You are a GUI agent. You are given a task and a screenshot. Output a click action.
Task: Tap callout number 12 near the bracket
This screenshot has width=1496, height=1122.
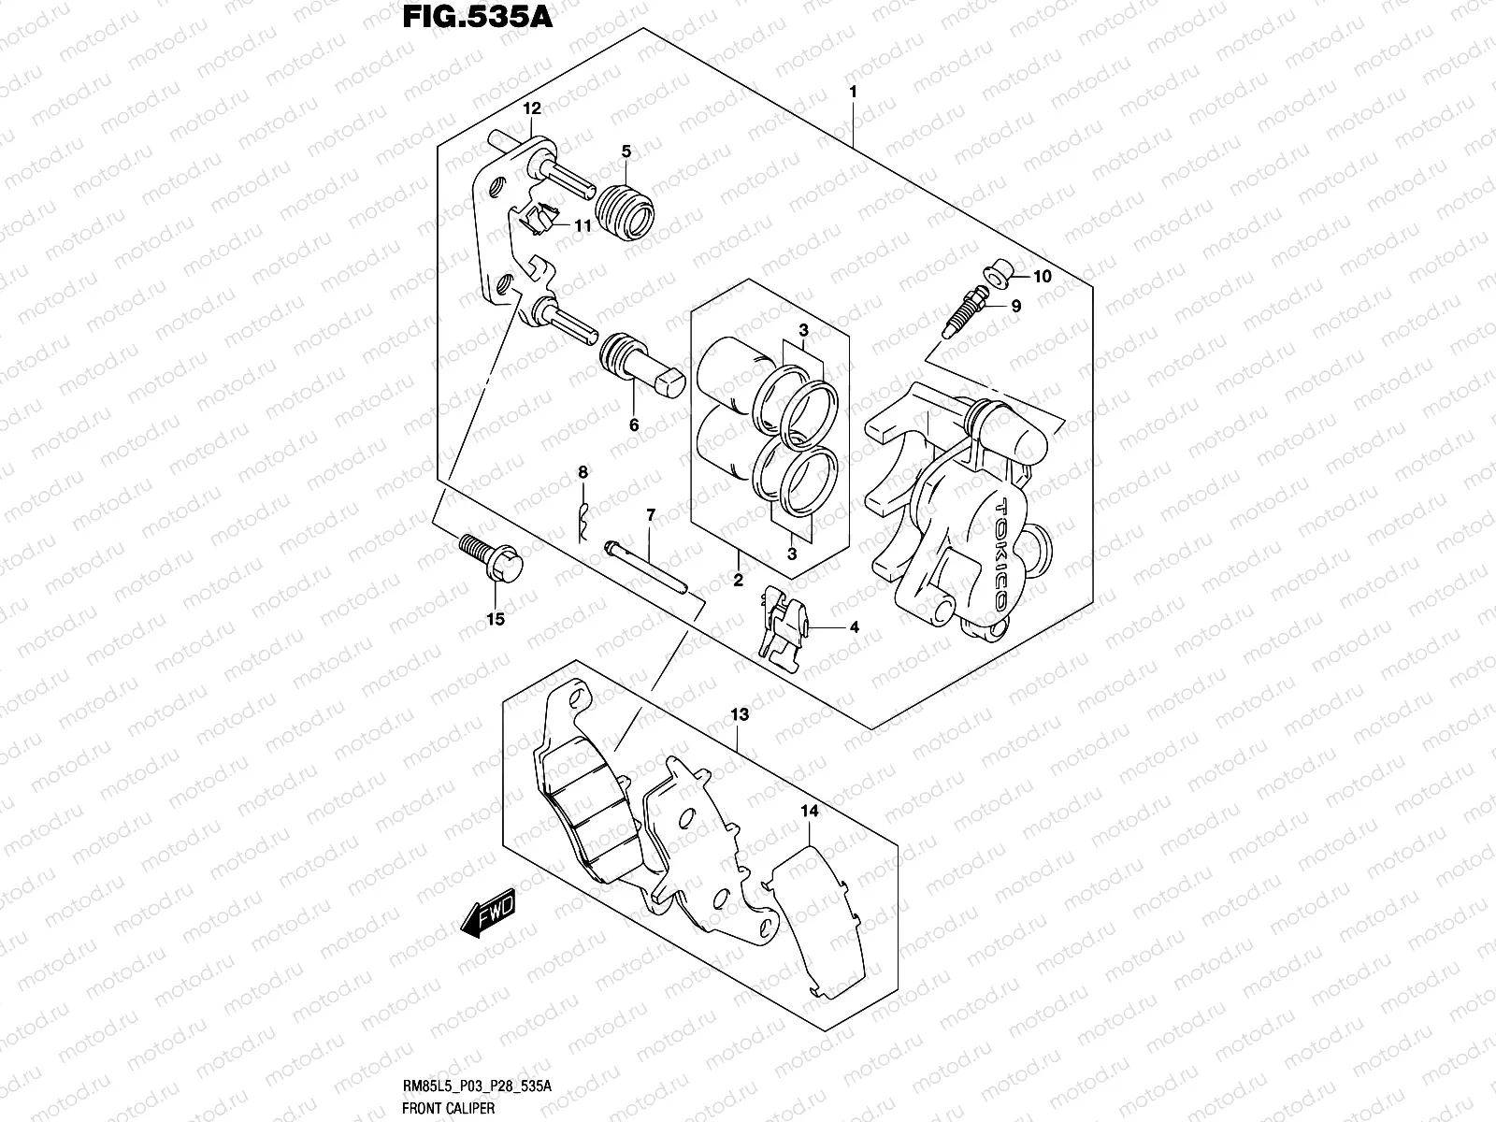pos(532,109)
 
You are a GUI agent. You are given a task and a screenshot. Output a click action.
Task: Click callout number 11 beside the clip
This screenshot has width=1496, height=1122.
pos(582,225)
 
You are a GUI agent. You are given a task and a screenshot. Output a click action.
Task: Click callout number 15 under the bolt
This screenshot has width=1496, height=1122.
pos(496,619)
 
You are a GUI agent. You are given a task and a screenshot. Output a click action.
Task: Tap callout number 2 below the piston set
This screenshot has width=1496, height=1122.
pos(738,582)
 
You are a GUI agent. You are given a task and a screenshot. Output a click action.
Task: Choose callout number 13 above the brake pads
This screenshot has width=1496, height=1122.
pos(740,715)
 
